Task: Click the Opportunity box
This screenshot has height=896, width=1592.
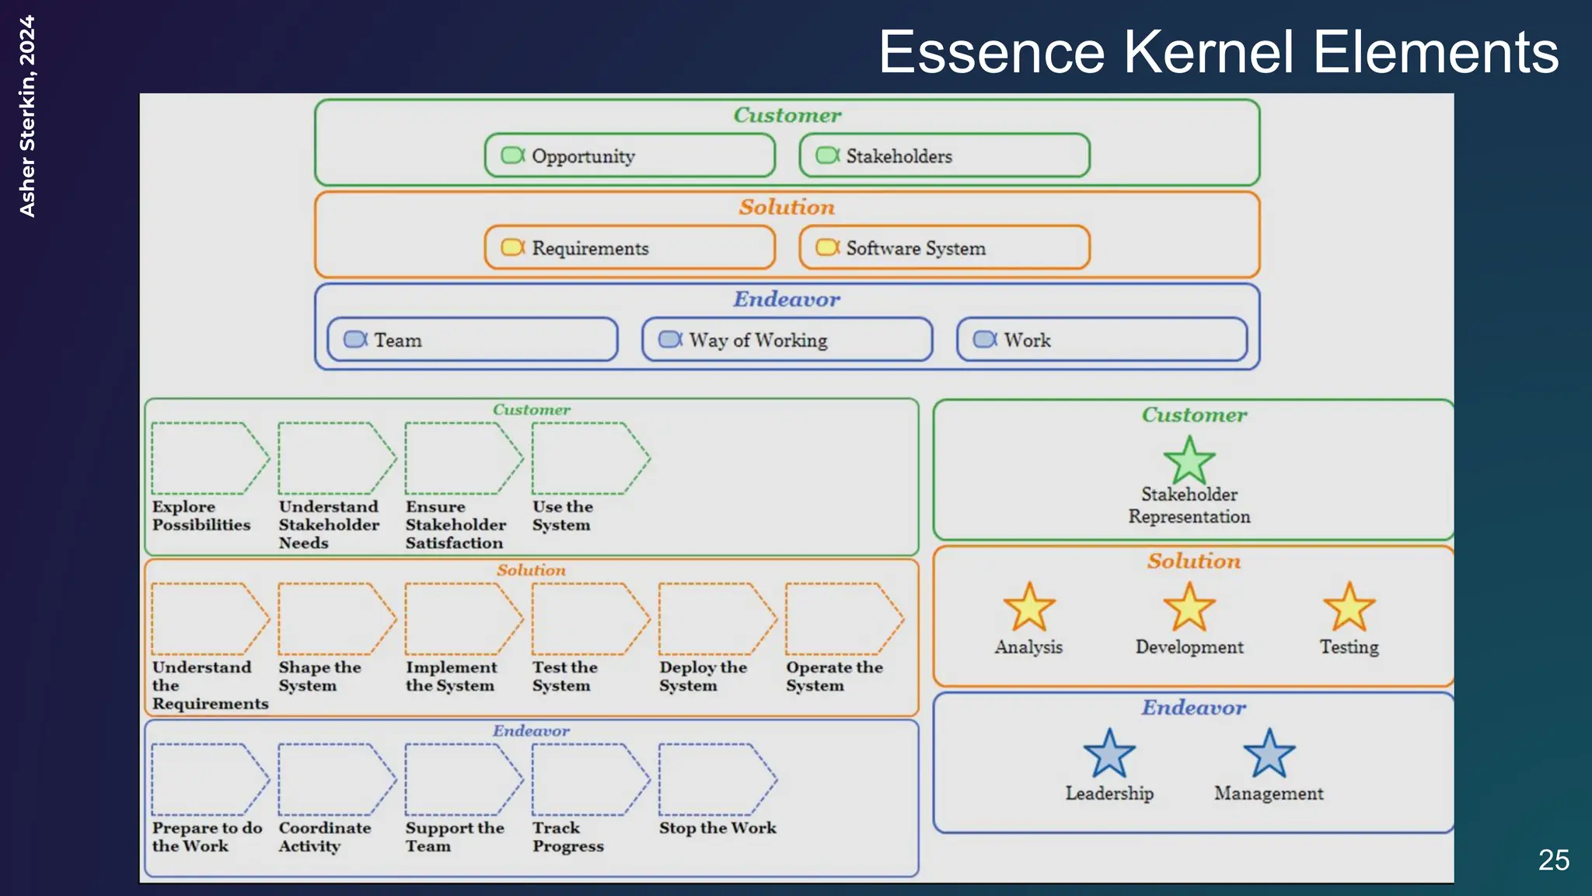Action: point(630,156)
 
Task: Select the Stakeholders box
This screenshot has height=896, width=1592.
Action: point(944,156)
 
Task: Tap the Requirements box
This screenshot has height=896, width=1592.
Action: point(630,248)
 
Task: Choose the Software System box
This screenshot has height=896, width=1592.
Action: point(944,248)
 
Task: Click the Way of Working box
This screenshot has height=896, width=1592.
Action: point(787,340)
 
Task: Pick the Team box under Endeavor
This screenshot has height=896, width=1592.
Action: point(472,340)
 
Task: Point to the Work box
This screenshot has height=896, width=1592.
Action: point(1101,340)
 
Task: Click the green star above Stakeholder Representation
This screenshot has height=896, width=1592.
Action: point(1189,461)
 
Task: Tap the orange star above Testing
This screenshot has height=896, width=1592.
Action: point(1349,608)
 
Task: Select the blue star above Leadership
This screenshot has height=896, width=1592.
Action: point(1109,754)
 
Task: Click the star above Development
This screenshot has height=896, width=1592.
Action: point(1189,608)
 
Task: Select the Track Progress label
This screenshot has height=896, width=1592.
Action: point(567,837)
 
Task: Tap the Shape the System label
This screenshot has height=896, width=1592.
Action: point(319,677)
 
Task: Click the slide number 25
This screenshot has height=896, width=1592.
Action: point(1553,860)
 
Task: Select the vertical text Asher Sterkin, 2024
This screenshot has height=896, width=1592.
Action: point(27,117)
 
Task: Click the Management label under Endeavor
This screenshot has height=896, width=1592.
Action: point(1269,793)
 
